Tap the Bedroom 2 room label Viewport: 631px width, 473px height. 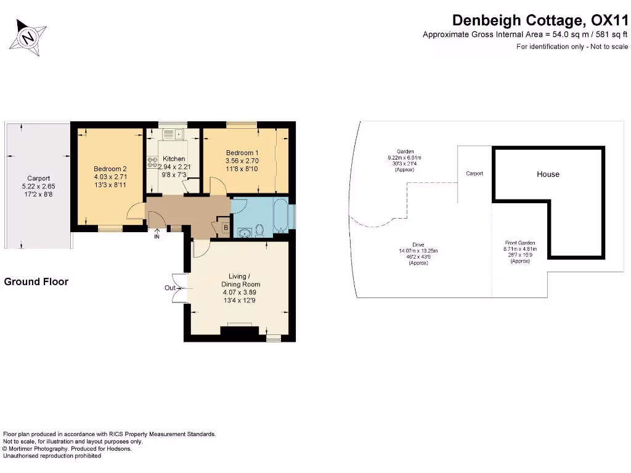point(110,169)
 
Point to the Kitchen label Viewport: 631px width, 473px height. point(173,159)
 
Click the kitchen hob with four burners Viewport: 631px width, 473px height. point(152,163)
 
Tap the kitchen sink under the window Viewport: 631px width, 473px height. point(172,133)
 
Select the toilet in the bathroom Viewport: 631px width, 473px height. point(259,230)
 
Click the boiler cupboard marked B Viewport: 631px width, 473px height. point(226,228)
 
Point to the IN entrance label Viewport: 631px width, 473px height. point(157,236)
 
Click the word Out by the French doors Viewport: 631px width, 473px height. point(170,288)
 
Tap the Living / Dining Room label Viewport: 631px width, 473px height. point(241,280)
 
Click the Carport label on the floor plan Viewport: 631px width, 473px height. point(38,179)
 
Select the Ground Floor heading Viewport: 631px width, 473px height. point(36,281)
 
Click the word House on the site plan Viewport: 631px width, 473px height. point(548,174)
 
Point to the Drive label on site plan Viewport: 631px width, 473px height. point(418,245)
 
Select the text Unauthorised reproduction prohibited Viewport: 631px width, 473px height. point(52,456)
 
